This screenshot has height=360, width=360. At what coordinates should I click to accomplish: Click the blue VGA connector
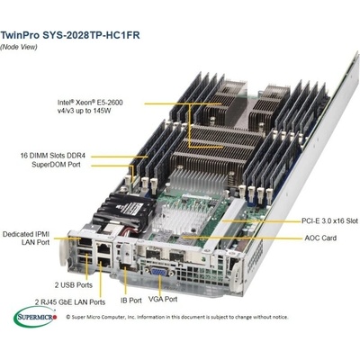pos(159,272)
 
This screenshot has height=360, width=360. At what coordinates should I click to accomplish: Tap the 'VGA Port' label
pos(163,299)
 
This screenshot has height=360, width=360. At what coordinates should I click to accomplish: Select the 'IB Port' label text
pos(131,301)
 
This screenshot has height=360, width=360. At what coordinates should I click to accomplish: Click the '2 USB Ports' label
pos(74,284)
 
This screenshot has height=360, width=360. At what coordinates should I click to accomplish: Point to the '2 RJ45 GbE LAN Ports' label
pos(70,301)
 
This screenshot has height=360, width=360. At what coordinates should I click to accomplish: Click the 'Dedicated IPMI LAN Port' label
pos(26,238)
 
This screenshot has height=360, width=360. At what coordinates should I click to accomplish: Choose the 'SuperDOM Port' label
pos(56,165)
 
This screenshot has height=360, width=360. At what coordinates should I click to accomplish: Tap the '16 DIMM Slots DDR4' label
pos(53,156)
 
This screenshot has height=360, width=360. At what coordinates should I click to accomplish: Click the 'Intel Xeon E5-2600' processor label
pos(90,106)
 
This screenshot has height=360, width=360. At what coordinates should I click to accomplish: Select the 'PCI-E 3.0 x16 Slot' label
pos(329,220)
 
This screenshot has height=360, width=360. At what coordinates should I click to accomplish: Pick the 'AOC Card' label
pos(320,238)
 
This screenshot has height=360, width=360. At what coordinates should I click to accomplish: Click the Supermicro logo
pos(35,316)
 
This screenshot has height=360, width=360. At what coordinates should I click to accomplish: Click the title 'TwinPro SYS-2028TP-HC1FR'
pos(70,35)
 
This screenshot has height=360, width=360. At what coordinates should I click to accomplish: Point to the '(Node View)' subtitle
pos(19,47)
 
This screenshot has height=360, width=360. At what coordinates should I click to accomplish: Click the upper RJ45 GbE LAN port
pos(103,248)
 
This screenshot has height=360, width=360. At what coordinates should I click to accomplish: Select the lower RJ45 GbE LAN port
pos(103,262)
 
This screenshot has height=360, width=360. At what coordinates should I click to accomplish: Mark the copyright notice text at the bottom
pos(176,317)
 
